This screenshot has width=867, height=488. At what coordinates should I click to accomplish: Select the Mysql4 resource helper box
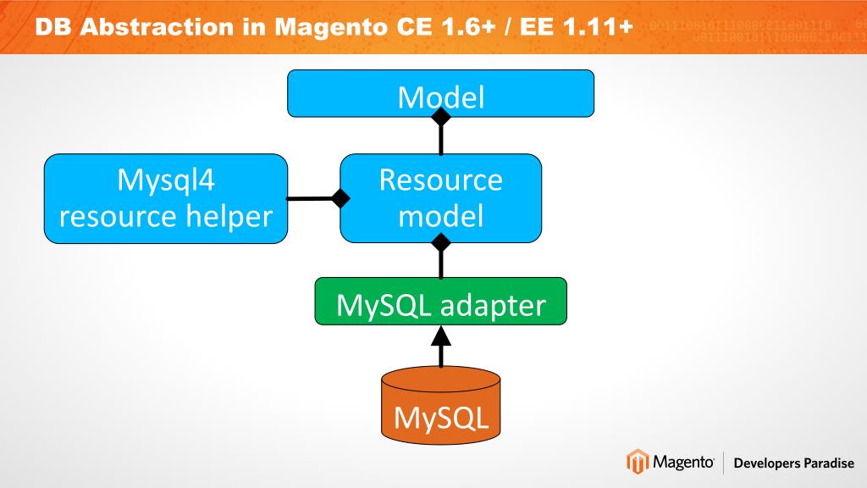click(166, 198)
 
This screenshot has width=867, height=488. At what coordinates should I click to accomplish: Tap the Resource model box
click(440, 198)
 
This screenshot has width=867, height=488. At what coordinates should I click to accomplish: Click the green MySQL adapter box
click(440, 302)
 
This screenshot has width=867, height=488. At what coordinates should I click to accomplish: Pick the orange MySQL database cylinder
click(440, 407)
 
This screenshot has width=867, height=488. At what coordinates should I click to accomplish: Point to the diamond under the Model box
click(440, 118)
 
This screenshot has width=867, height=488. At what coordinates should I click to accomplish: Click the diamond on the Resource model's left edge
click(340, 199)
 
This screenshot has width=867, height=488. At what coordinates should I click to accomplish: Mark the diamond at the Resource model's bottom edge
click(440, 244)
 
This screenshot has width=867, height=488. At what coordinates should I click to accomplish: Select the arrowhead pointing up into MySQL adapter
click(440, 336)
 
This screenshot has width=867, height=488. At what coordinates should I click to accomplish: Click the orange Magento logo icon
click(637, 463)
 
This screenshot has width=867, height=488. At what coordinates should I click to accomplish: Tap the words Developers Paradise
click(794, 463)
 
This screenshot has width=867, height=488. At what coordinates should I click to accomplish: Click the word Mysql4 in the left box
click(166, 180)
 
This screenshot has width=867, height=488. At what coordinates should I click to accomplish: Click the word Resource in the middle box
click(440, 180)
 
